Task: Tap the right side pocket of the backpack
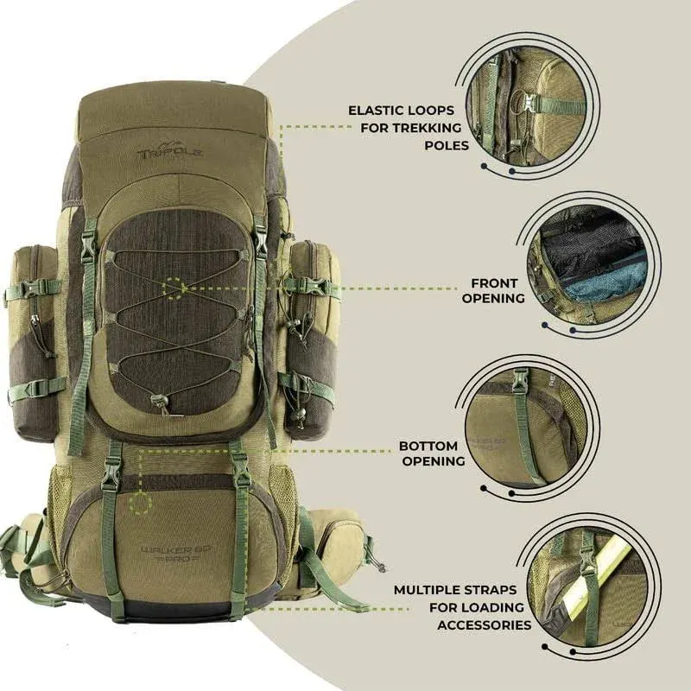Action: pos(310,337)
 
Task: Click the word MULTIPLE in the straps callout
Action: pos(432,592)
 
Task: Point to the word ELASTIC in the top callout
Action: pos(380,111)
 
